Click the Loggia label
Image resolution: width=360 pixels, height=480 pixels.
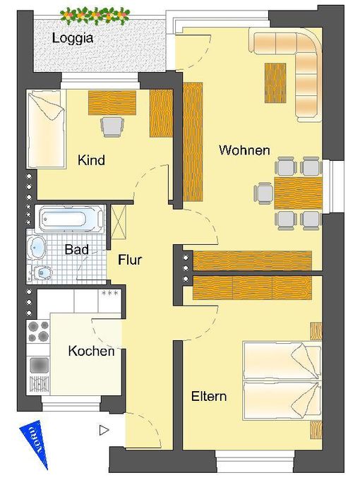(73, 38)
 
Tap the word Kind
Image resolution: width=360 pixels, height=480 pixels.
(91, 160)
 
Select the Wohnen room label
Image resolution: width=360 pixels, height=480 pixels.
(244, 150)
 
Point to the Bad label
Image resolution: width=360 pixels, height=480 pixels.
(76, 249)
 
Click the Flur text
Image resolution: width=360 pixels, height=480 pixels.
(130, 260)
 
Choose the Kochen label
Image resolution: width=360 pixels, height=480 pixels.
(91, 351)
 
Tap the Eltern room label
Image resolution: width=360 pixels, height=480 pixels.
(209, 396)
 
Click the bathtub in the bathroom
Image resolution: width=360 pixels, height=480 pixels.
(68, 219)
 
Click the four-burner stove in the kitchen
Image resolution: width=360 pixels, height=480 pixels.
(38, 331)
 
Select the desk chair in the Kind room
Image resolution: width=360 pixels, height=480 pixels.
(112, 126)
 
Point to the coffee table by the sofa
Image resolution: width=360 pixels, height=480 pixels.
(275, 83)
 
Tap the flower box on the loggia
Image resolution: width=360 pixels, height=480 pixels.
(95, 14)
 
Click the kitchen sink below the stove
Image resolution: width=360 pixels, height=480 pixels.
(38, 365)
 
